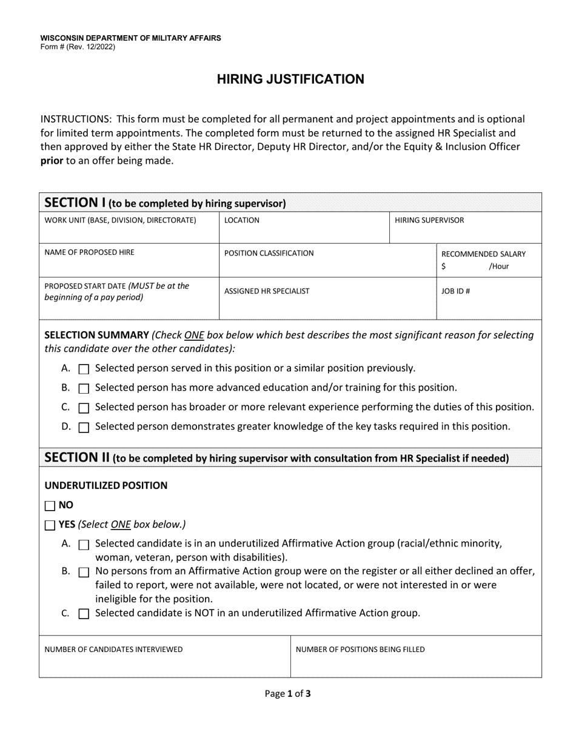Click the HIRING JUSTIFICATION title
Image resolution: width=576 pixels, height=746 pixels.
pyautogui.click(x=291, y=79)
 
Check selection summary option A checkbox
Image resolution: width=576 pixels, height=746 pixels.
pyautogui.click(x=84, y=369)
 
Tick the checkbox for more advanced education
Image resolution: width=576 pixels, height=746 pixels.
pyautogui.click(x=84, y=388)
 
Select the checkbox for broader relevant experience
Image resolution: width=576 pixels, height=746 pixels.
pyautogui.click(x=84, y=408)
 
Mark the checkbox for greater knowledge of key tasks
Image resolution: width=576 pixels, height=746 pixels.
pyautogui.click(x=84, y=427)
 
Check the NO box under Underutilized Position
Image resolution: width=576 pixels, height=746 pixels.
pyautogui.click(x=50, y=505)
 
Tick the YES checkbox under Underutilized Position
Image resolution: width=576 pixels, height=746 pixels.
pyautogui.click(x=50, y=525)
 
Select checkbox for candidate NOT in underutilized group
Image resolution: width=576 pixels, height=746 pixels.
pyautogui.click(x=84, y=614)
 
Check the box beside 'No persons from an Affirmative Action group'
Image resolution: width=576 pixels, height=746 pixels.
pyautogui.click(x=84, y=572)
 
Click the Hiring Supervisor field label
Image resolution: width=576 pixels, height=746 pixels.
pyautogui.click(x=429, y=220)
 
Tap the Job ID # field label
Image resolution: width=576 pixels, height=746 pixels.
pyautogui.click(x=455, y=291)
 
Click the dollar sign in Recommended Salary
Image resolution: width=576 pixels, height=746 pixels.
pyautogui.click(x=444, y=266)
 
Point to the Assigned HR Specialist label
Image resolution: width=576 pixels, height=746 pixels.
pyautogui.click(x=267, y=291)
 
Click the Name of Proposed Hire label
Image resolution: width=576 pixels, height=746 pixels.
pyautogui.click(x=90, y=252)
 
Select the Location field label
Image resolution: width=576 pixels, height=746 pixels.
pyautogui.click(x=241, y=220)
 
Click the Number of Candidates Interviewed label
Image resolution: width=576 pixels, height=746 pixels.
pyautogui.click(x=113, y=650)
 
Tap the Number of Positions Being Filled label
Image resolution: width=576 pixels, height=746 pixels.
pyautogui.click(x=360, y=650)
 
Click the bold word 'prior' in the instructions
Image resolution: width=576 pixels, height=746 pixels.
pyautogui.click(x=52, y=161)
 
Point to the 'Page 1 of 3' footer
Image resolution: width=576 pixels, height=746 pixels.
pyautogui.click(x=288, y=694)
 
